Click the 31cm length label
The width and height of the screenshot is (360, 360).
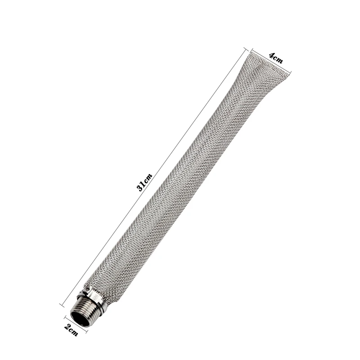point(144,183)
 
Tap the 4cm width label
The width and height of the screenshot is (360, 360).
point(276,58)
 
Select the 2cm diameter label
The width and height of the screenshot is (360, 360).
point(71,330)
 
